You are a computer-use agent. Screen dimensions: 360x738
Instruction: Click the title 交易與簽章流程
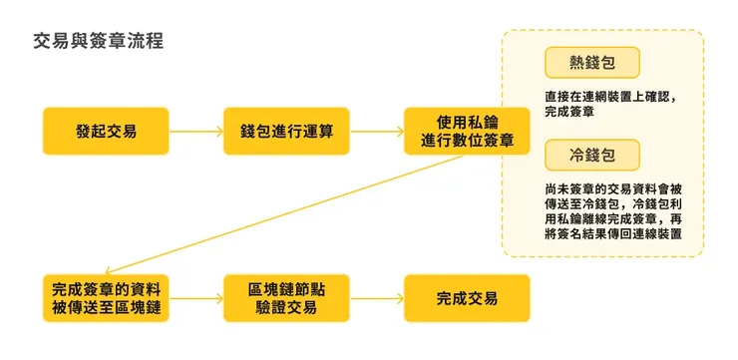click(x=98, y=41)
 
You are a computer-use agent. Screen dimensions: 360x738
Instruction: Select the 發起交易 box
click(x=106, y=132)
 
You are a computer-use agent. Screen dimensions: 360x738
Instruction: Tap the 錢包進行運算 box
click(x=286, y=132)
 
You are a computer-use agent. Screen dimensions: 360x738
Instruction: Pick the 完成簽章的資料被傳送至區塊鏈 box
click(x=106, y=298)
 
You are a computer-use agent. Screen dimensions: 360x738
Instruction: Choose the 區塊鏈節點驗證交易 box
click(x=286, y=298)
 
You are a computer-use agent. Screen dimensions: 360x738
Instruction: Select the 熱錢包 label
click(x=592, y=63)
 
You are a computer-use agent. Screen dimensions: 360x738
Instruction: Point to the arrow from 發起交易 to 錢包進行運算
click(x=196, y=132)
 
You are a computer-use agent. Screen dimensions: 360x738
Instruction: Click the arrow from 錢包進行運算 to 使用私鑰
click(x=377, y=132)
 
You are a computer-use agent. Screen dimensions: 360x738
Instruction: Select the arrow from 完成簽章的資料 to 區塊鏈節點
click(x=196, y=298)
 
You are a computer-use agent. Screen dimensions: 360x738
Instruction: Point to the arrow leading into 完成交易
click(x=377, y=298)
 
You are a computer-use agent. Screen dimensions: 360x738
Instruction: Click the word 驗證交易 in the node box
click(x=286, y=307)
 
